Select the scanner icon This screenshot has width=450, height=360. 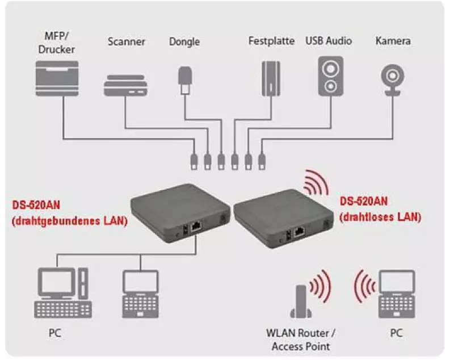(127, 85)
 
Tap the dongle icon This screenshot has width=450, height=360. (184, 80)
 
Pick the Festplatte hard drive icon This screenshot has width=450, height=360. (271, 78)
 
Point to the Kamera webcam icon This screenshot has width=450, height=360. (392, 79)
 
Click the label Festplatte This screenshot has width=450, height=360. (271, 41)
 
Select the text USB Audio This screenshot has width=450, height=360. (329, 41)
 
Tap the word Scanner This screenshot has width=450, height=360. (127, 41)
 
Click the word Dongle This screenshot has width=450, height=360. (185, 41)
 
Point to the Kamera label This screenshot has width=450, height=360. (393, 41)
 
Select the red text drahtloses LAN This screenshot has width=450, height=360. (380, 216)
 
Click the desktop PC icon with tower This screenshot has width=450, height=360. (63, 292)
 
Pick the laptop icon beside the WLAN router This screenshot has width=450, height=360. (397, 293)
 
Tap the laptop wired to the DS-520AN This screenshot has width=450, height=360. (141, 293)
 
